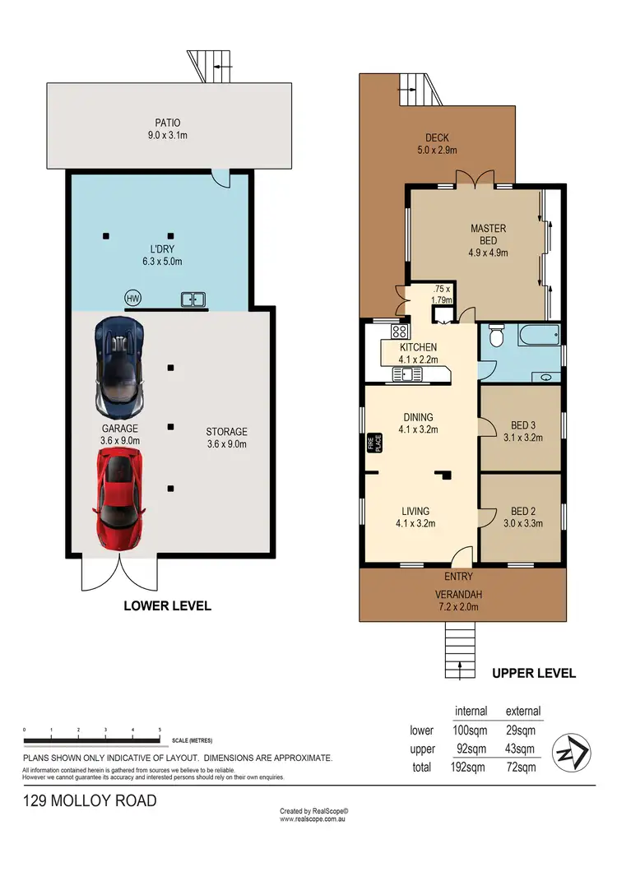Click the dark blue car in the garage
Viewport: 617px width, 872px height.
(x=123, y=366)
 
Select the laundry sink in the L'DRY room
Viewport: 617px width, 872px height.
(x=193, y=300)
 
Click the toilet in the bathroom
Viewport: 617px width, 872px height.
(x=496, y=337)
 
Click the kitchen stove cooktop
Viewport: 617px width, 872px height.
(x=400, y=332)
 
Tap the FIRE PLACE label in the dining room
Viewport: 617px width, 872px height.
(x=370, y=443)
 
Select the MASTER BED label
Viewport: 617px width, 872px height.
(x=488, y=234)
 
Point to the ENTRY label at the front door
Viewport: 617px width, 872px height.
(x=457, y=577)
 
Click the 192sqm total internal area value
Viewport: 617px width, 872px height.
(x=469, y=768)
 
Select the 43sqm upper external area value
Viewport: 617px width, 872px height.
(x=522, y=749)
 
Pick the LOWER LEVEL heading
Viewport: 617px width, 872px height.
(x=167, y=605)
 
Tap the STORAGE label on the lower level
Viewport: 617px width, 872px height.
(x=227, y=432)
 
